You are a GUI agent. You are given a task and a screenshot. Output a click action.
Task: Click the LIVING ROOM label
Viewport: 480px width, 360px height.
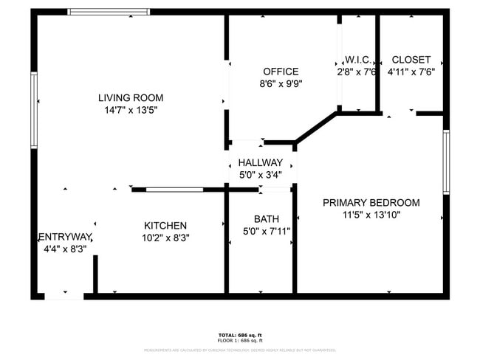[x=131, y=97]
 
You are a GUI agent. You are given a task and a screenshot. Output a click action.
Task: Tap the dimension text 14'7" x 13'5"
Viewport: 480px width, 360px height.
[x=131, y=110]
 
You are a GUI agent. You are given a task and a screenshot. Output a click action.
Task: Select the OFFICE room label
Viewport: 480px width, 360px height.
[x=281, y=72]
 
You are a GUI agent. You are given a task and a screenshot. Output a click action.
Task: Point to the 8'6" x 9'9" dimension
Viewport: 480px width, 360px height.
[x=281, y=83]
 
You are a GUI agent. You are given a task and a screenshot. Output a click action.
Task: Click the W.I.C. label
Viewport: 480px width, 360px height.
[x=357, y=60]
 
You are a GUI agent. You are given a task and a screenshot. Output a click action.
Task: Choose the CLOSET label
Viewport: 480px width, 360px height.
[x=411, y=60]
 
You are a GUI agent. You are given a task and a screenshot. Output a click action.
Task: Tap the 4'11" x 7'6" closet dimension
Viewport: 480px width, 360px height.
[x=411, y=72]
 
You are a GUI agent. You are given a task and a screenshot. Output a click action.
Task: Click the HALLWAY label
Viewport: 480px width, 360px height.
[x=260, y=162]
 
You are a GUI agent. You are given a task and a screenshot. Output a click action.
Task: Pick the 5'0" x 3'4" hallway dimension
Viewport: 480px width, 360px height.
[x=260, y=175]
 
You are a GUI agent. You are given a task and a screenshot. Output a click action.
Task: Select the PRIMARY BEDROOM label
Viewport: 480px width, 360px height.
[x=371, y=203]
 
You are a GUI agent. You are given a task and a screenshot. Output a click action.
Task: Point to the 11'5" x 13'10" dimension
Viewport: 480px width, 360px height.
[x=371, y=215]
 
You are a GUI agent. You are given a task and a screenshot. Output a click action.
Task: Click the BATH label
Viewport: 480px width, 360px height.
[x=266, y=218]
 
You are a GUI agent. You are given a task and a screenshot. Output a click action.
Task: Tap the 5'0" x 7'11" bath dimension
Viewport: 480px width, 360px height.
[x=266, y=231]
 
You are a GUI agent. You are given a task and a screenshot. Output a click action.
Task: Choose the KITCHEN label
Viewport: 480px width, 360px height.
[x=165, y=226]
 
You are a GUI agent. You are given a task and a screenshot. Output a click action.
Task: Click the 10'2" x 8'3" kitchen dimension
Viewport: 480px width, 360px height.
[x=165, y=238]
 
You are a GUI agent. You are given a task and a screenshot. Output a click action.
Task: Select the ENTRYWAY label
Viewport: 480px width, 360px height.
[x=64, y=237]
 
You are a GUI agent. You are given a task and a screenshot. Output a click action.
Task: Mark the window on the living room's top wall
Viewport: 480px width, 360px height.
[x=109, y=12]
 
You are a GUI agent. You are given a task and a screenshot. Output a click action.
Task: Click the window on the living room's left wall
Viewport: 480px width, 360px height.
[x=34, y=110]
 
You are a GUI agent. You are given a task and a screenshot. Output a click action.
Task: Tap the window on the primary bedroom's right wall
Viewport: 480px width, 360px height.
[x=446, y=162]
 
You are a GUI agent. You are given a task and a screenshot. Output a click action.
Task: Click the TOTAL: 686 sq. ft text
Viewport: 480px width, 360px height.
[x=240, y=336]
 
